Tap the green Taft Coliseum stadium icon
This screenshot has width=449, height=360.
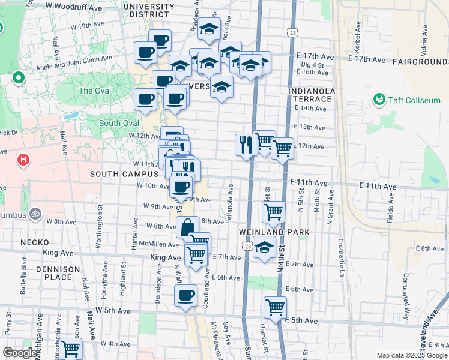379,99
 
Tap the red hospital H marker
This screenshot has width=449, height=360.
23,160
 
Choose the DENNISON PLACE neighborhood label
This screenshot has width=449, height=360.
57,273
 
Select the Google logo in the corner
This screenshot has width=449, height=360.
20,353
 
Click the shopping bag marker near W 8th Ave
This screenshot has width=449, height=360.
187,227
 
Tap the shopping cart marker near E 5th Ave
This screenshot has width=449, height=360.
275,307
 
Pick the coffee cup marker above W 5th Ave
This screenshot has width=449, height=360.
185,295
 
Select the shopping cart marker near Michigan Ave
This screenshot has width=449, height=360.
71,348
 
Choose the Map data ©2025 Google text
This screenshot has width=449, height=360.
412,355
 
